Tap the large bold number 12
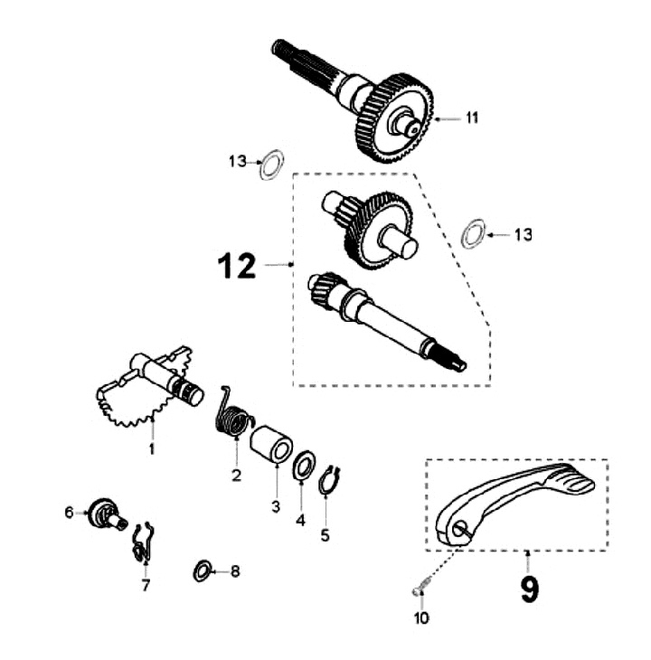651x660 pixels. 237,266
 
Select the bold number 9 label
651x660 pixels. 530,588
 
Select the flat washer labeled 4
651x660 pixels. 304,468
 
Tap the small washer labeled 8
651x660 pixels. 203,570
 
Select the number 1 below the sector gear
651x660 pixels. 153,448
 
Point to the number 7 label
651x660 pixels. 145,586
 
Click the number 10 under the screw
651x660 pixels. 422,618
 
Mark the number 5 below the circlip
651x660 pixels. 325,534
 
